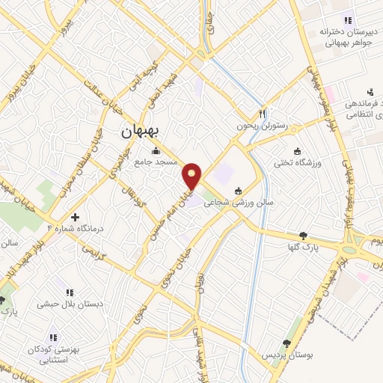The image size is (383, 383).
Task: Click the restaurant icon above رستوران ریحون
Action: click(262, 114)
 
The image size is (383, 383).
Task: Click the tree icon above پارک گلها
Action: click(303, 235)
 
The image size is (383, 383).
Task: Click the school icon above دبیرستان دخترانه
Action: click(346, 20)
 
